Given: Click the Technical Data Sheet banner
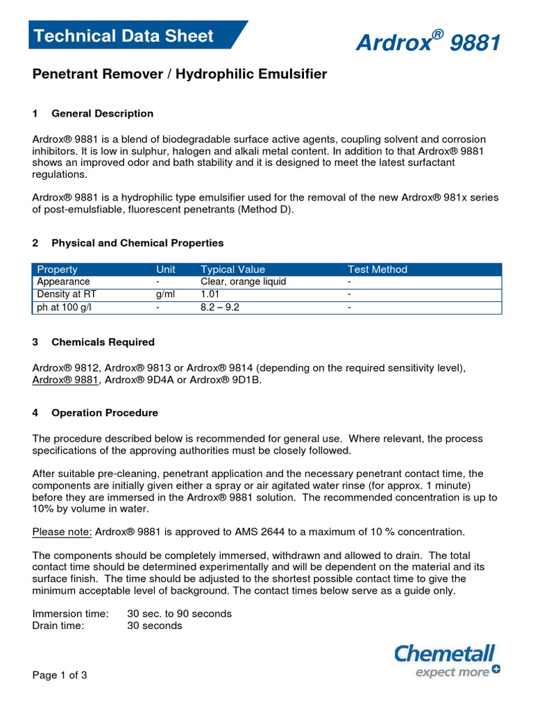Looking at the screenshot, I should click(126, 36).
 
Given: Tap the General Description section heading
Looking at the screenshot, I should click(102, 113).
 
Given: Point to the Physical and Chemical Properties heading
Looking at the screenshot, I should click(137, 243).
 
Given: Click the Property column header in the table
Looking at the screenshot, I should click(57, 269).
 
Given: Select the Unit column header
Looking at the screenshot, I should click(166, 269).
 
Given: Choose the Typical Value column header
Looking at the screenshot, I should click(232, 269).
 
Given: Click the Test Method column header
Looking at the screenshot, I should click(377, 269).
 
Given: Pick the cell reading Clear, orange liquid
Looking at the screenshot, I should click(243, 282).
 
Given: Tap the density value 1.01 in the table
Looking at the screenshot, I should click(210, 294).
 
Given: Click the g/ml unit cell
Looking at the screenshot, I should click(166, 294).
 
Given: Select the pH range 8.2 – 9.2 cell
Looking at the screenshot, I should click(219, 307).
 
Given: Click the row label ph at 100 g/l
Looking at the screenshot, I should click(64, 307).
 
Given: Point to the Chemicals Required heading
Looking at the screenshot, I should click(103, 342).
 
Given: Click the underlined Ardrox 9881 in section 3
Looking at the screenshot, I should click(66, 380).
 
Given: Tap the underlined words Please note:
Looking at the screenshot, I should click(62, 532).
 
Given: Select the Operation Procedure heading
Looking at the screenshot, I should click(105, 413).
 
